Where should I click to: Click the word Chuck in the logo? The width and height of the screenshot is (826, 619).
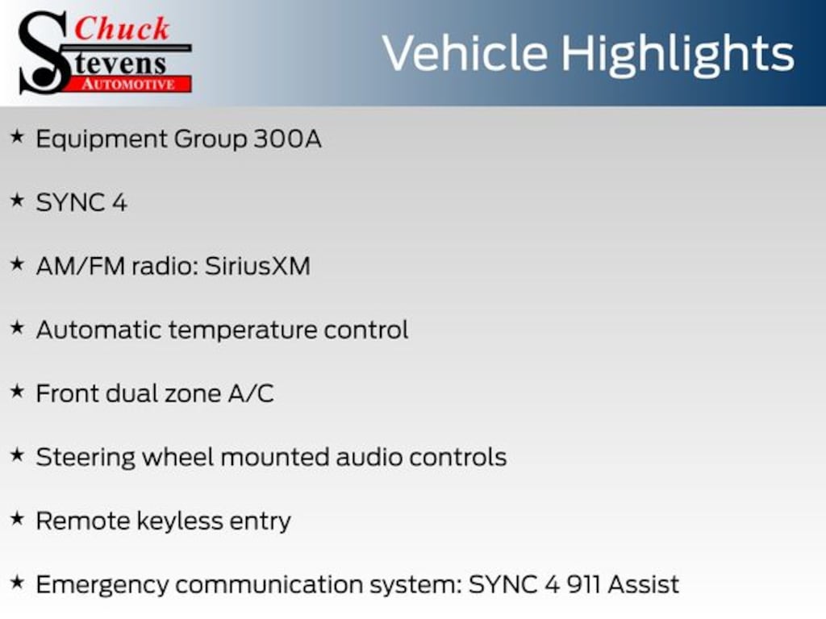pos(122,29)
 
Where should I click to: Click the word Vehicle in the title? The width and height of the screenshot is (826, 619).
pos(465,52)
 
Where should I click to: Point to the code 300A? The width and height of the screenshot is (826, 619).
pos(287,139)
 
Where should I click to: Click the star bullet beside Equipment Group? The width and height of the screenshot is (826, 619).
pos(18,137)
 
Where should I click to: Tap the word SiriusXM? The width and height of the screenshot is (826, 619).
pos(257,266)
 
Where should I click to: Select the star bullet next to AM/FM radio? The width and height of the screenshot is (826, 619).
pos(18,264)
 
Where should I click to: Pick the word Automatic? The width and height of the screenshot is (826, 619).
pos(99,330)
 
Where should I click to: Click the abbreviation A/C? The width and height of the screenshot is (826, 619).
pos(251,393)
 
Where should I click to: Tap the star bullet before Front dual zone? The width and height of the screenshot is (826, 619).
pos(18,391)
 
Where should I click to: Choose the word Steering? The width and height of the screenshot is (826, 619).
pos(86,458)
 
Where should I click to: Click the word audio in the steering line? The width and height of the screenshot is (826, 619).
pos(369,457)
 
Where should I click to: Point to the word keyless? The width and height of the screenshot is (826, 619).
pos(180,521)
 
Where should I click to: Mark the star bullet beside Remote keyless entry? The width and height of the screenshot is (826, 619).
pos(18,518)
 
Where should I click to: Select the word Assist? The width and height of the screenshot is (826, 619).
pos(643,585)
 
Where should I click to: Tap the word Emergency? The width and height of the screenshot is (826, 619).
pos(102,586)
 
